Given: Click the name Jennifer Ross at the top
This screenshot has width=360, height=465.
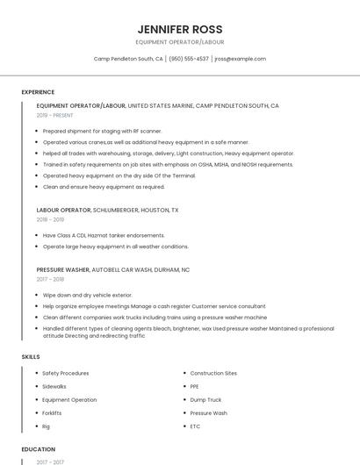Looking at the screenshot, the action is click(179, 29).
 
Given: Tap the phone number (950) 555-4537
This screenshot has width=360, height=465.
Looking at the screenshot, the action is click(189, 59).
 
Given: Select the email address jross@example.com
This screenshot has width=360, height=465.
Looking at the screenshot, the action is click(240, 59).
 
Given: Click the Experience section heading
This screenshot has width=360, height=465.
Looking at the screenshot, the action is click(38, 92).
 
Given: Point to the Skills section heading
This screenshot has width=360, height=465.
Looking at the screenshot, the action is click(31, 357).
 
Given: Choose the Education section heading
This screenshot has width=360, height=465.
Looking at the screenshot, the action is click(38, 448).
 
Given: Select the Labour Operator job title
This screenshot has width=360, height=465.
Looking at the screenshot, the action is click(64, 211).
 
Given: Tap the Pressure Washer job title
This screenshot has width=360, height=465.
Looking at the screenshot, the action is click(63, 270).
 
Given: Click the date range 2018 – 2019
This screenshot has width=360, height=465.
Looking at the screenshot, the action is click(50, 220).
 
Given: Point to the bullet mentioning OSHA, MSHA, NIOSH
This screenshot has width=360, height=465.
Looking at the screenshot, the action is click(168, 164).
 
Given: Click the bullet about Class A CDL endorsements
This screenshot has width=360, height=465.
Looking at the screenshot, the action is click(104, 235).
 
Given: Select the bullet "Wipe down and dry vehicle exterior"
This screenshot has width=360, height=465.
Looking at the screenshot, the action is click(87, 295).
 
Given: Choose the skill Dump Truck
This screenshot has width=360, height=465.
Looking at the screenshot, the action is click(205, 399).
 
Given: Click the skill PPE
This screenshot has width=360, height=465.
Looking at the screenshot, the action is click(194, 386).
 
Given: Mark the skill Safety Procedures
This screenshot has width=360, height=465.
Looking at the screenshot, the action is click(65, 373).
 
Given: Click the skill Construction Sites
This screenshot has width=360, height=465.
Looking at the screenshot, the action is click(213, 373).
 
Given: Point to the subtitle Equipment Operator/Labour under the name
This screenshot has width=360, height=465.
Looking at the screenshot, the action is click(179, 42).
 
